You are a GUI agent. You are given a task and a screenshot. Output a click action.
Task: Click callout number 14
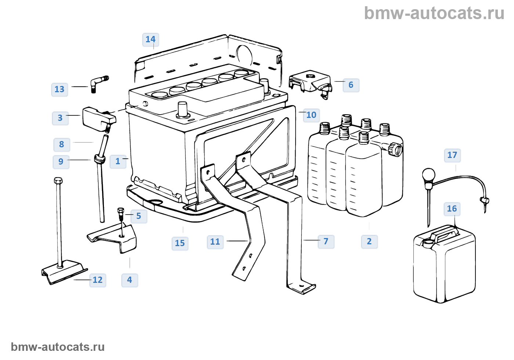coord(151,40)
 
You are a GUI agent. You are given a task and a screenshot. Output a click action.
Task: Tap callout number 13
coord(59,89)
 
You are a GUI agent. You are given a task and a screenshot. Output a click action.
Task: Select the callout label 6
coord(351,85)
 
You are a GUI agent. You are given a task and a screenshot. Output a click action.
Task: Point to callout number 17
coord(452,155)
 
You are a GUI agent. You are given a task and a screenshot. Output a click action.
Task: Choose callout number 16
coord(452,209)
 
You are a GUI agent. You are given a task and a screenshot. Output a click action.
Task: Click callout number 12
coord(98,280)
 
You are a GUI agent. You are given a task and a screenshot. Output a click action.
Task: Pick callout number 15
coord(180,243)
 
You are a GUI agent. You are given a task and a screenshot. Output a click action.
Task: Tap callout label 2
coord(369,242)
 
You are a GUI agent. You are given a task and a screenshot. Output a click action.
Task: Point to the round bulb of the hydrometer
coord(428,174)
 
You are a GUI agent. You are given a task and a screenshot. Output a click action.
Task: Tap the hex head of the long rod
coord(58,181)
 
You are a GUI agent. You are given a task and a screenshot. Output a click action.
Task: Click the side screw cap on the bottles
coord(397,150)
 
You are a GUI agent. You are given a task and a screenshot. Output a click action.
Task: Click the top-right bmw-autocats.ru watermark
coord(434,14)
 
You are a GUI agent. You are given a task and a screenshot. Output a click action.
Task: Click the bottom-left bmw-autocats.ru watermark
coord(58,347)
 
